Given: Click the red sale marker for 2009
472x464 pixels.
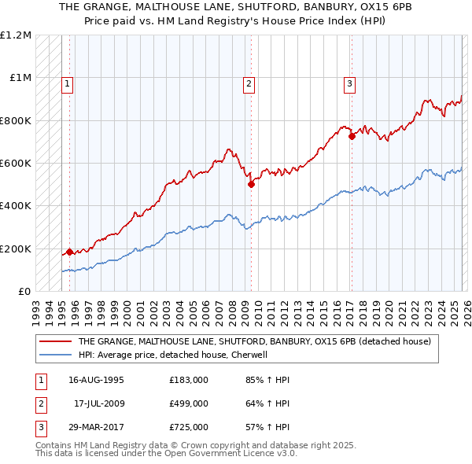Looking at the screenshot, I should pyautogui.click(x=251, y=185).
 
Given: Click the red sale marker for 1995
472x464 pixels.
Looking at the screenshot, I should pyautogui.click(x=69, y=252).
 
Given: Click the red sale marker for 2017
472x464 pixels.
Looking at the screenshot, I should pyautogui.click(x=352, y=136).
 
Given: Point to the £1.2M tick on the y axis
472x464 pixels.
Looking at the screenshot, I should pyautogui.click(x=16, y=35).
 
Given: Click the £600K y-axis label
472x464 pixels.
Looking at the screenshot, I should pyautogui.click(x=16, y=164).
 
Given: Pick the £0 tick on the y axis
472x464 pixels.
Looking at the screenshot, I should pyautogui.click(x=25, y=292).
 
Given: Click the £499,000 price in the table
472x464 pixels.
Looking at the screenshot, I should pyautogui.click(x=189, y=403).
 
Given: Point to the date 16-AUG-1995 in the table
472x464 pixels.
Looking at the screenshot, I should pyautogui.click(x=96, y=380).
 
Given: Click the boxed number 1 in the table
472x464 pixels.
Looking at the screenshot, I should pyautogui.click(x=40, y=380).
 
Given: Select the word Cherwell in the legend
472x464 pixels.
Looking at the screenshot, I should pyautogui.click(x=251, y=355).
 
